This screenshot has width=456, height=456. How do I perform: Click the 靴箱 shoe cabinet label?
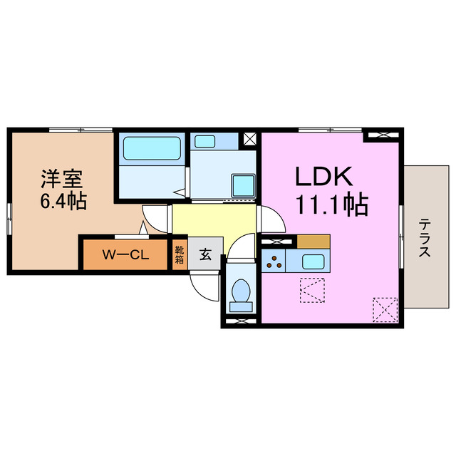[179, 255]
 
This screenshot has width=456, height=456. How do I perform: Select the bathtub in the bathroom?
[152, 148]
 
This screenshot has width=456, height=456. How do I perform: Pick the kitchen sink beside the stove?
[313, 261]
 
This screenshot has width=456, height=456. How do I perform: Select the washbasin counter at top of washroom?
[216, 140]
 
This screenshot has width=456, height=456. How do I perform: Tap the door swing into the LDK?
[272, 219]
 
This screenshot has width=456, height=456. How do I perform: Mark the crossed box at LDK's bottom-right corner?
[385, 309]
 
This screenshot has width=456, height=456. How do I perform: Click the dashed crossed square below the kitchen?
[313, 291]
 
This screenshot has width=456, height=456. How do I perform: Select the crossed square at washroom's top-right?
[250, 140]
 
